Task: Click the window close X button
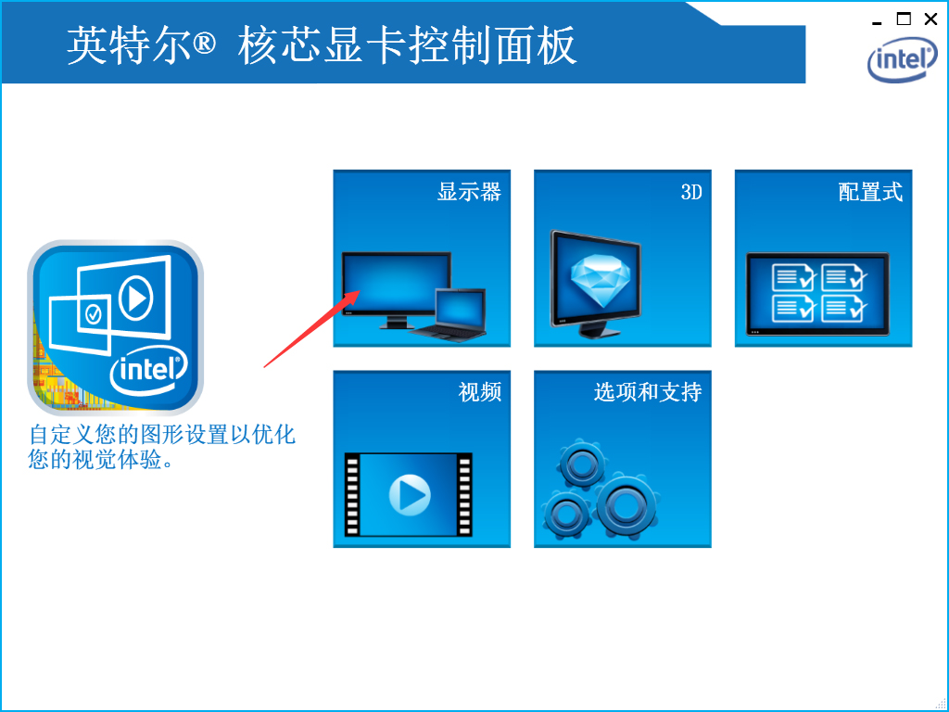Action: [930, 19]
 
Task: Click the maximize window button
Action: [904, 19]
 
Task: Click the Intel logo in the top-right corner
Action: [902, 60]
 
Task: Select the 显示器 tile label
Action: [469, 192]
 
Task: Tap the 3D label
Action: [691, 193]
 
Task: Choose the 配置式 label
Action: [870, 192]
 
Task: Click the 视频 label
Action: [480, 392]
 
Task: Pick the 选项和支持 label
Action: [648, 392]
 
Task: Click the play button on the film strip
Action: [409, 495]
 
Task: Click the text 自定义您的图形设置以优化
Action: [162, 434]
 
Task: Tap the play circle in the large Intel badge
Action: [135, 299]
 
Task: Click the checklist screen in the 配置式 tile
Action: [817, 293]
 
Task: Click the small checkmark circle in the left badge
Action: [94, 315]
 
